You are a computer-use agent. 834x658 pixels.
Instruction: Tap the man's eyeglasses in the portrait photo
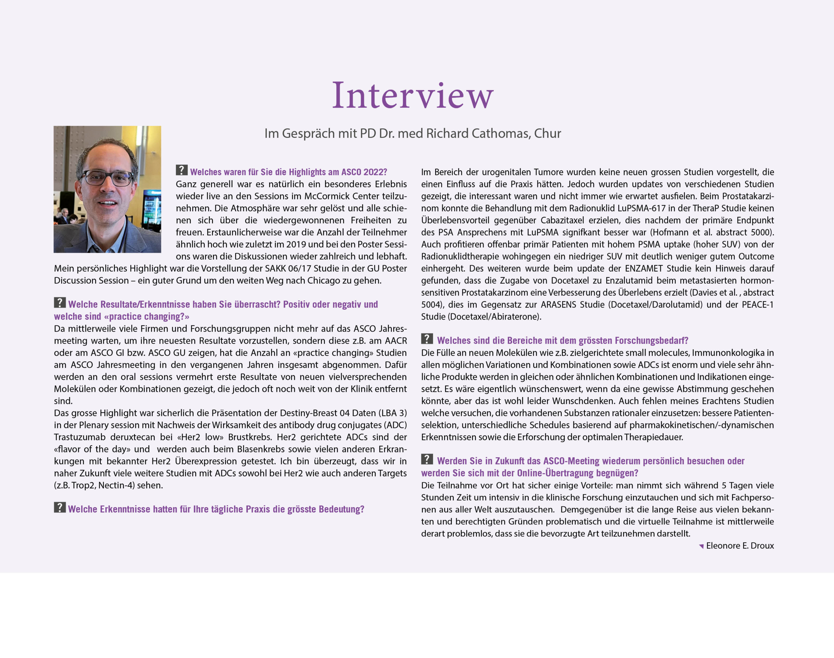click(x=108, y=178)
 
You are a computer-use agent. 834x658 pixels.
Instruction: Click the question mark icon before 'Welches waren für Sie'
click(x=182, y=170)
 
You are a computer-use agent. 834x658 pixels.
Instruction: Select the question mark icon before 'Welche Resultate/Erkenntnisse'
click(x=60, y=302)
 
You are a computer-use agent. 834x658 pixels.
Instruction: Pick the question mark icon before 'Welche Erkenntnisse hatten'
click(x=60, y=508)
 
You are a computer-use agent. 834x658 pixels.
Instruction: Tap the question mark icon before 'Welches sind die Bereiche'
click(x=427, y=339)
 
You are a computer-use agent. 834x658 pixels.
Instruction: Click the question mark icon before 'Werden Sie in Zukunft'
click(x=427, y=459)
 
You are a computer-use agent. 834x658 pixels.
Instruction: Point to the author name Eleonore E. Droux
click(x=740, y=546)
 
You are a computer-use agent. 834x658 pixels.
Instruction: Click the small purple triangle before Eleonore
click(x=701, y=546)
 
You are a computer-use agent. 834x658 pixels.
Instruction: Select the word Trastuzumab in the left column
click(x=80, y=437)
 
